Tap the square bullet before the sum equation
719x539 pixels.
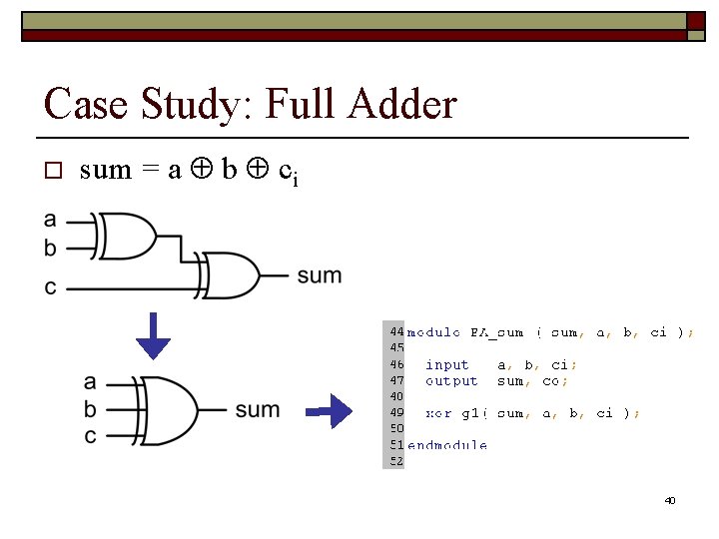click(x=54, y=171)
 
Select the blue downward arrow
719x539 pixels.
click(x=154, y=335)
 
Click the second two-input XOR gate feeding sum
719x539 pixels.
click(x=229, y=275)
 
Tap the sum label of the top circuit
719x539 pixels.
click(x=319, y=275)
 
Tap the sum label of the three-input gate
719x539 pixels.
click(x=258, y=410)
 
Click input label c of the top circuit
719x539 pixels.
click(x=51, y=288)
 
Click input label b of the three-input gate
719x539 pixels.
click(x=91, y=409)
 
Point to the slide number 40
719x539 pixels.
click(x=670, y=500)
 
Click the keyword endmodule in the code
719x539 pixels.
click(x=447, y=445)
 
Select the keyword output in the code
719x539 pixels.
click(x=451, y=380)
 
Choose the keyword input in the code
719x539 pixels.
click(x=446, y=364)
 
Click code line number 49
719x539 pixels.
click(x=395, y=412)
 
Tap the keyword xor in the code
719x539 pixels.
click(x=438, y=412)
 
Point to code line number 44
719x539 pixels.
click(x=395, y=331)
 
